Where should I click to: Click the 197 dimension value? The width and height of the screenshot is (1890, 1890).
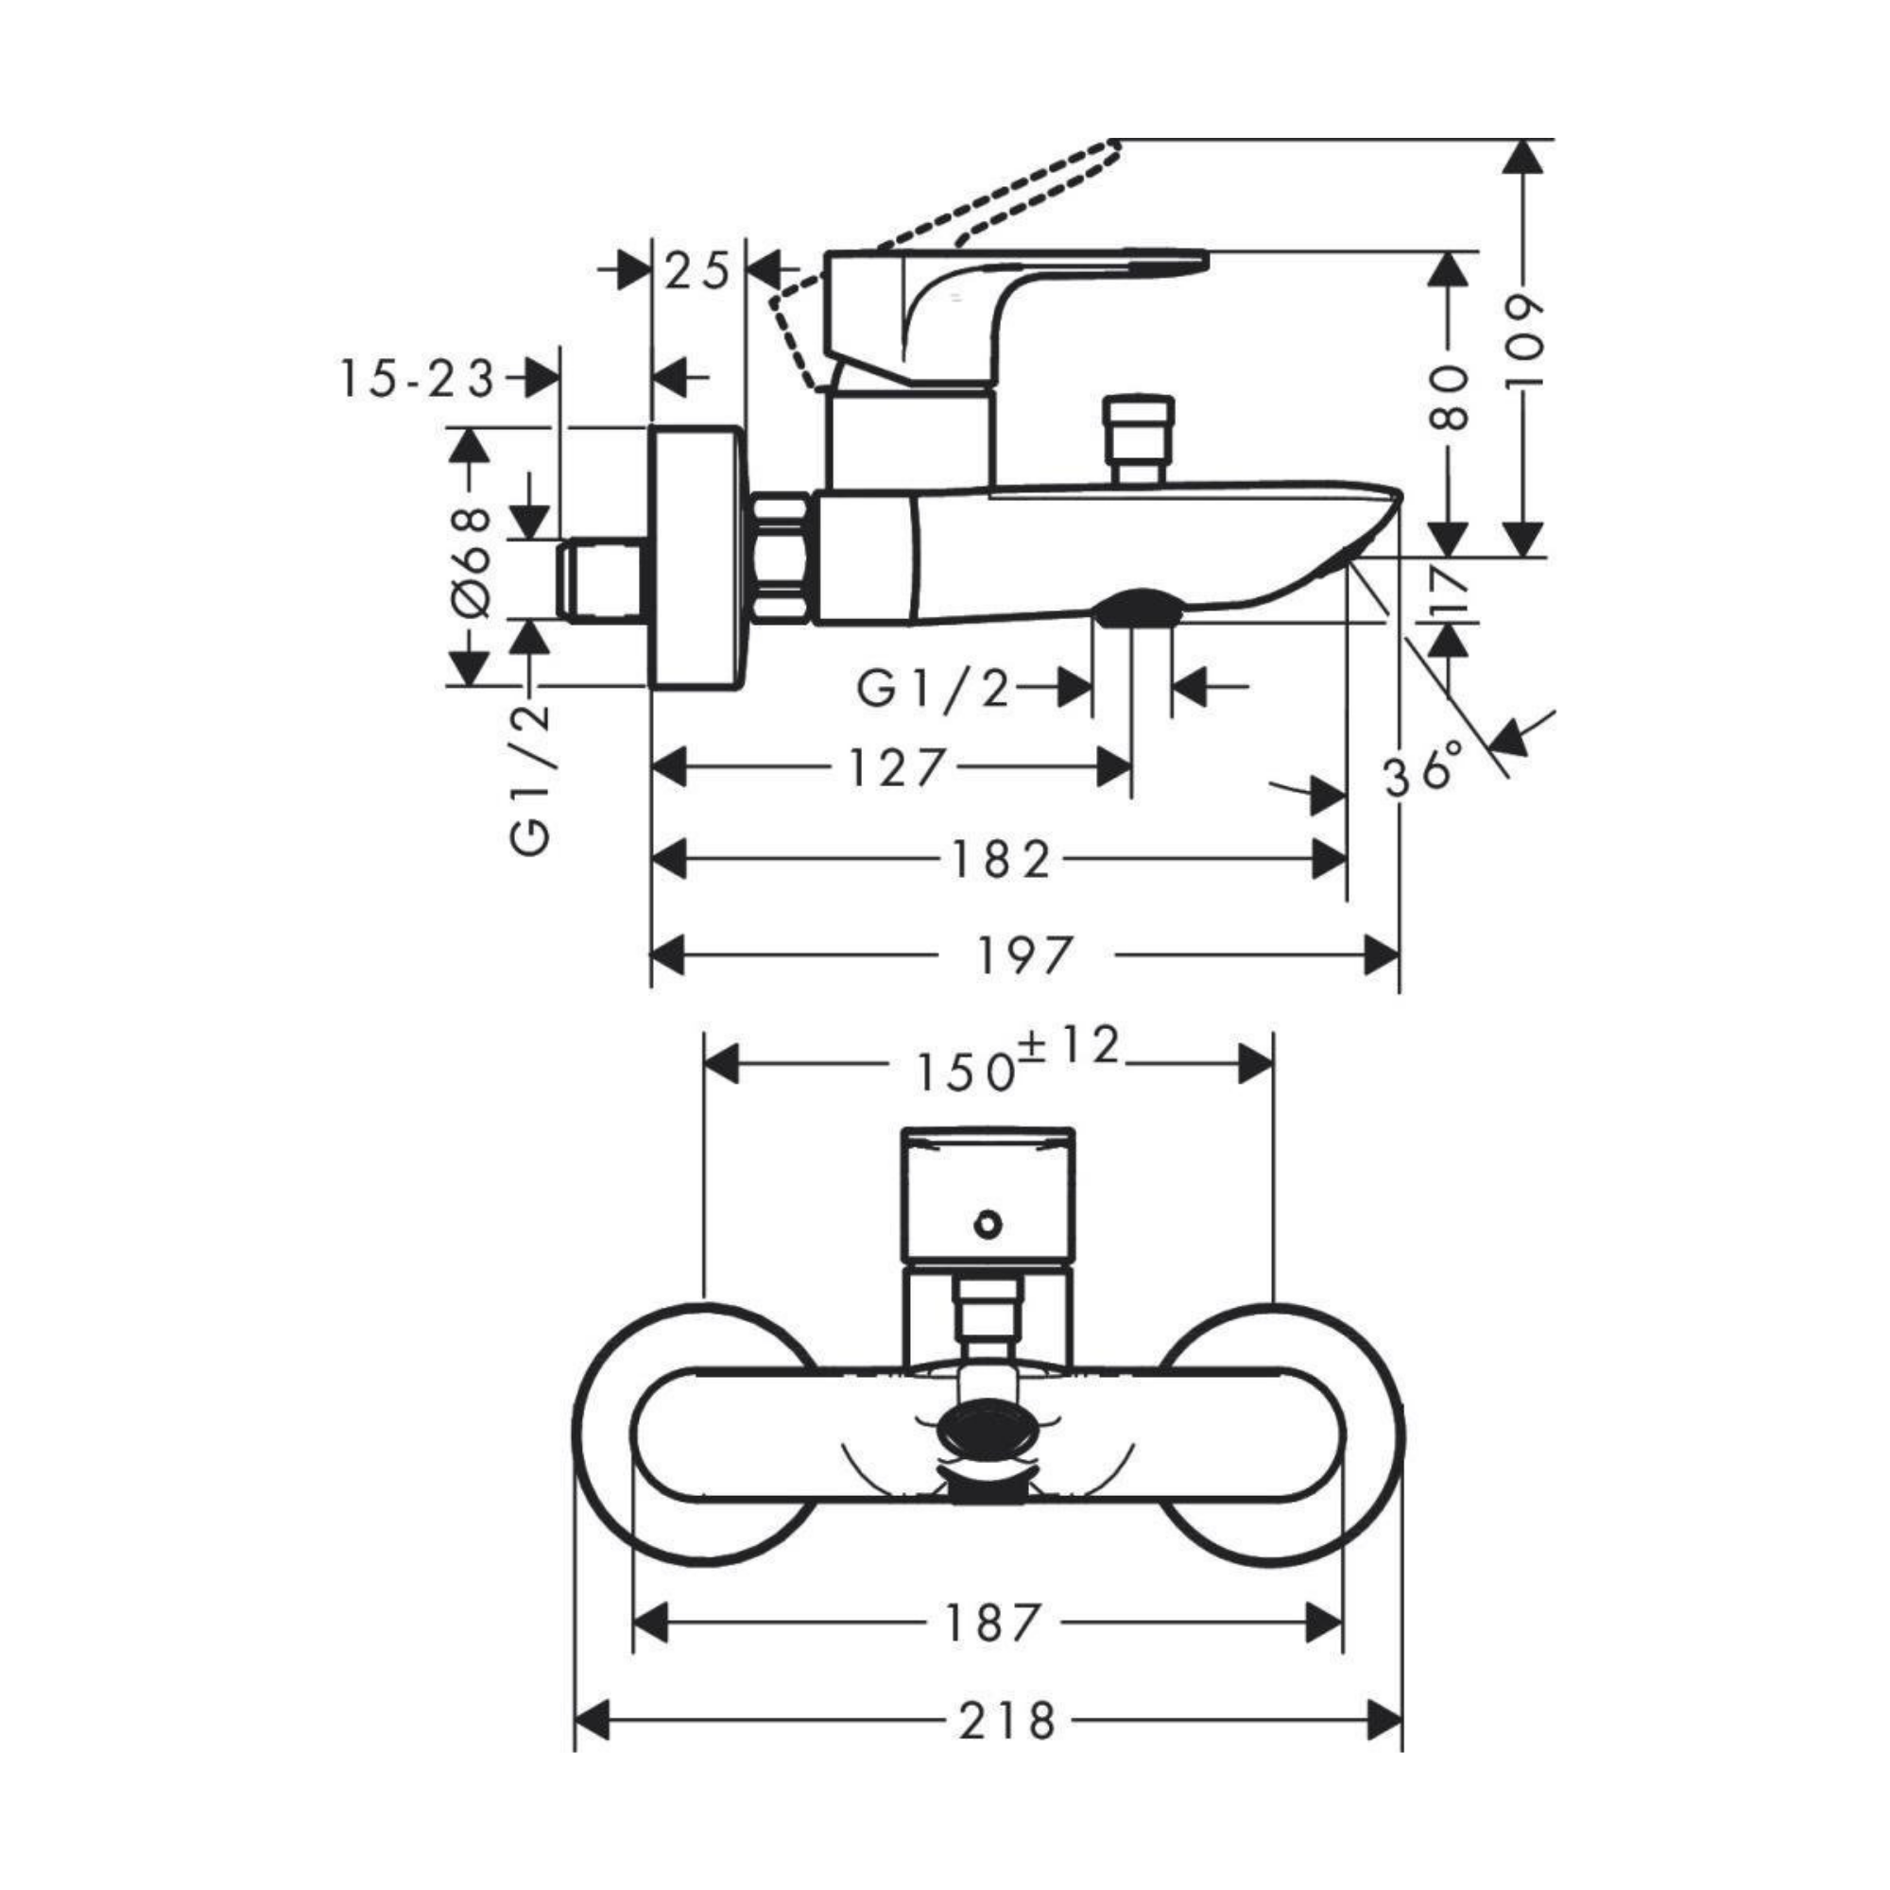click(x=1024, y=955)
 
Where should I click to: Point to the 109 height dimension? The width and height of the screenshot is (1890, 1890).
click(x=1522, y=341)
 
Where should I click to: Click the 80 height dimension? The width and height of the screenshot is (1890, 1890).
click(x=1449, y=398)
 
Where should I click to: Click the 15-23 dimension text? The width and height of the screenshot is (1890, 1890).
click(x=419, y=380)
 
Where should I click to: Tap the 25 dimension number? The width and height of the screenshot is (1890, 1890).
click(x=698, y=271)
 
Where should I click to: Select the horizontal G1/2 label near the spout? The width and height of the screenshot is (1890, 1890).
click(x=932, y=688)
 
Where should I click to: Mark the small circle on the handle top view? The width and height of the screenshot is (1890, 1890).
click(x=989, y=1224)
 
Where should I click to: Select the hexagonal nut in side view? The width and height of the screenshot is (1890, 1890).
click(x=782, y=558)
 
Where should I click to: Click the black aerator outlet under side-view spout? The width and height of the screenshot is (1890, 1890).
click(x=1136, y=609)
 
